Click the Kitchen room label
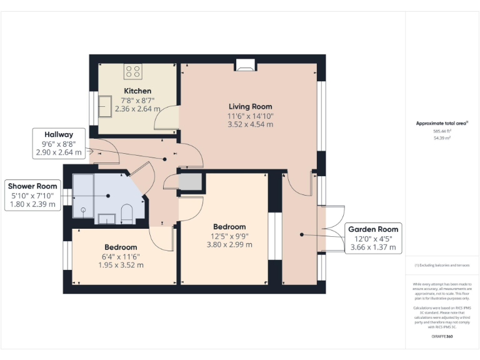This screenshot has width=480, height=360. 137,91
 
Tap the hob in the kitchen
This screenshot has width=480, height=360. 132,71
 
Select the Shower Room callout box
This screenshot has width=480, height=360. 32,195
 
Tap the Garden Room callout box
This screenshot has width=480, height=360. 373,238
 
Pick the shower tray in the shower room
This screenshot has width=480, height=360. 84,196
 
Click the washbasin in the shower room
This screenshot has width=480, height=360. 106,218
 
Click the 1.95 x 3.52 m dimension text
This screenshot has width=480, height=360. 121,264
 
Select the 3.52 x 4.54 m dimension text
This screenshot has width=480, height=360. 251,124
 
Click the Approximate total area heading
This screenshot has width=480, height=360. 442,123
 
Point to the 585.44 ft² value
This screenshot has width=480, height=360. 442,131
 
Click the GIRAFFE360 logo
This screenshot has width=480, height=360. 442,336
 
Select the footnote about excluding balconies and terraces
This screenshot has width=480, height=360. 442,265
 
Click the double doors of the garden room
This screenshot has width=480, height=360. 330,229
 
